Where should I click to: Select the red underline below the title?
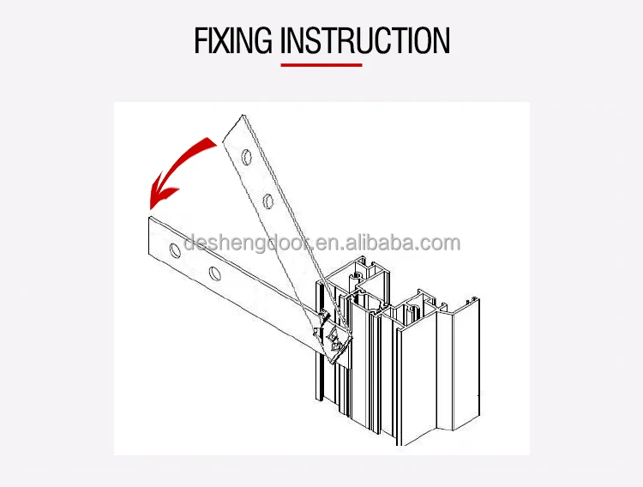click(x=321, y=64)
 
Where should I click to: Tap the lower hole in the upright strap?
click(x=268, y=201)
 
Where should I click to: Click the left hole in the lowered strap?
click(x=176, y=250)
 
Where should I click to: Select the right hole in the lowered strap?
click(x=214, y=275)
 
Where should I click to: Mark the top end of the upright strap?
click(x=233, y=122)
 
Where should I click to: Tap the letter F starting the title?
click(x=201, y=41)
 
